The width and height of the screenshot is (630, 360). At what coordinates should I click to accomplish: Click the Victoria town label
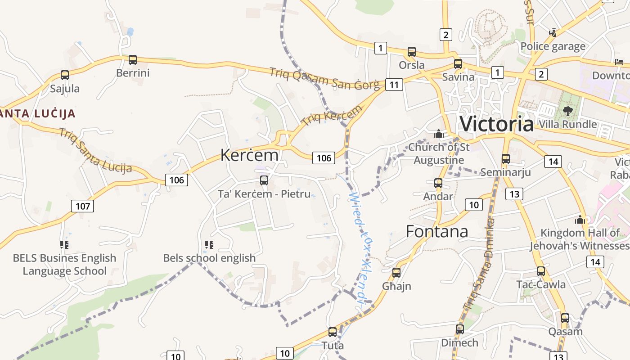coord(496,124)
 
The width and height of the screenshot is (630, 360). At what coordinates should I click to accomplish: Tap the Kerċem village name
coord(249,155)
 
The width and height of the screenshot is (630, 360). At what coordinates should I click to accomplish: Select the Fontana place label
coord(437,231)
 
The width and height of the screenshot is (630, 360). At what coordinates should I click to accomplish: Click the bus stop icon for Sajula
coord(65,75)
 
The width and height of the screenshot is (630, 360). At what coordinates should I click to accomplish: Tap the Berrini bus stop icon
coord(133,60)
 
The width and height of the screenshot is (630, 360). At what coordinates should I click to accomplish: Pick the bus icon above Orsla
coord(412,52)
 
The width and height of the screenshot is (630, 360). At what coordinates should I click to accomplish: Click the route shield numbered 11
coord(394,85)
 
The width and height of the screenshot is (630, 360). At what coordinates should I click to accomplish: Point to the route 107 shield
coord(83,206)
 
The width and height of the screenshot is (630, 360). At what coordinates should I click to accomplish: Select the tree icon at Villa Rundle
coord(567,111)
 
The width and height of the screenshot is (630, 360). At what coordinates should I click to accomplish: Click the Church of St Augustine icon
coord(439,134)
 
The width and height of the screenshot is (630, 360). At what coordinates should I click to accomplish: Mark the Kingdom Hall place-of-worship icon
coord(580,220)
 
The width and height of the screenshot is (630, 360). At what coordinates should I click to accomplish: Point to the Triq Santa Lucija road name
coord(95,151)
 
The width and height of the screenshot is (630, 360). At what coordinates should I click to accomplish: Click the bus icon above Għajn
coord(396,272)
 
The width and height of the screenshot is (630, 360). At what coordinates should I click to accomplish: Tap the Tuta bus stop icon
coord(333,332)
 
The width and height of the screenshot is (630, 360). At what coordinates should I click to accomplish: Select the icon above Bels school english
coord(209,245)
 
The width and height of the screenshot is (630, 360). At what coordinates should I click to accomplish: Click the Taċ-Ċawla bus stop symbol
coord(541,271)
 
